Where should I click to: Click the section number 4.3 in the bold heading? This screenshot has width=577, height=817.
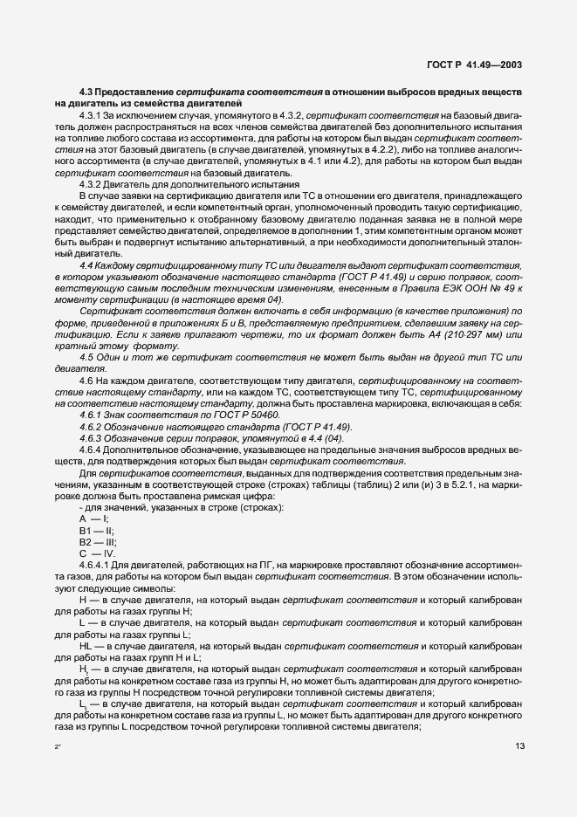pyautogui.click(x=86, y=91)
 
